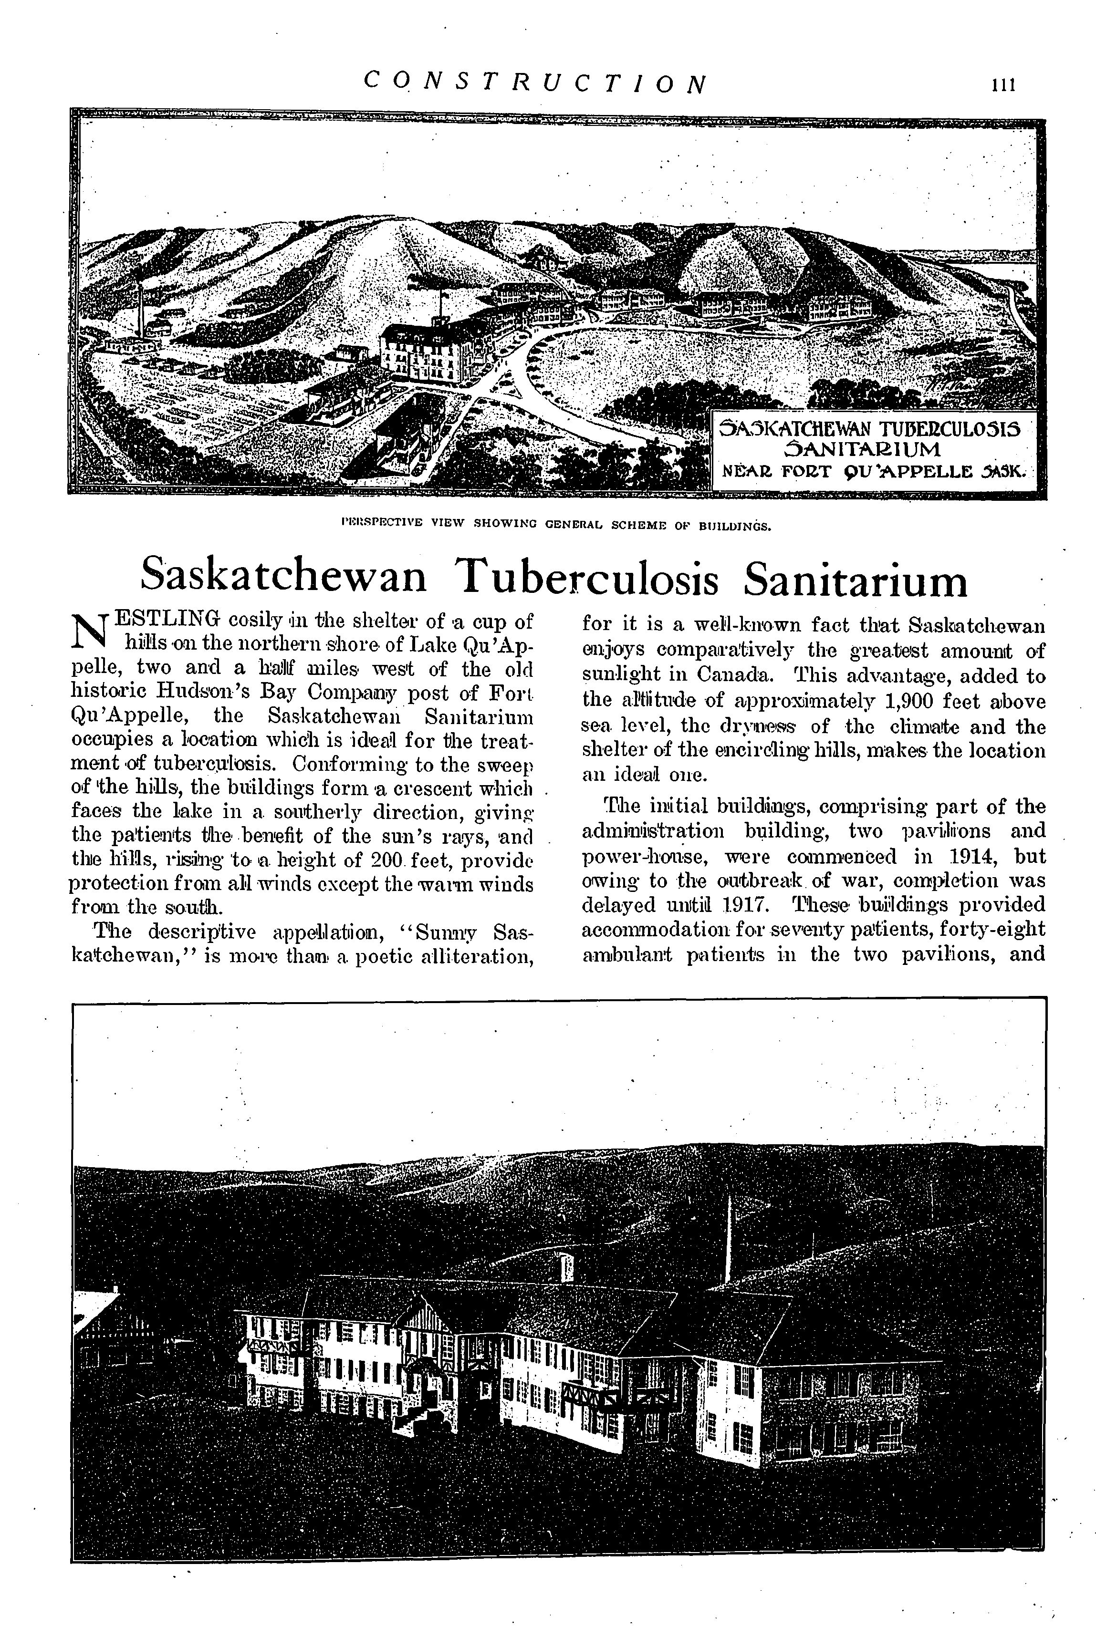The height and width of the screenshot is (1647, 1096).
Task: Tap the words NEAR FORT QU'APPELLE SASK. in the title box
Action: point(875,470)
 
